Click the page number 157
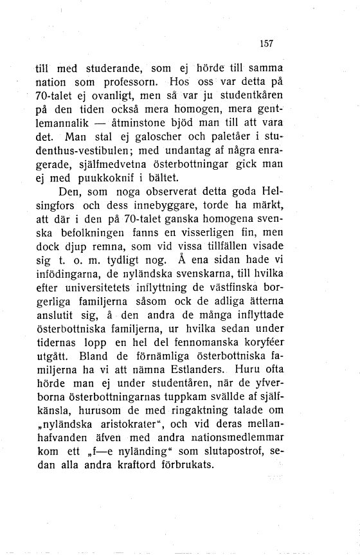click(x=267, y=44)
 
